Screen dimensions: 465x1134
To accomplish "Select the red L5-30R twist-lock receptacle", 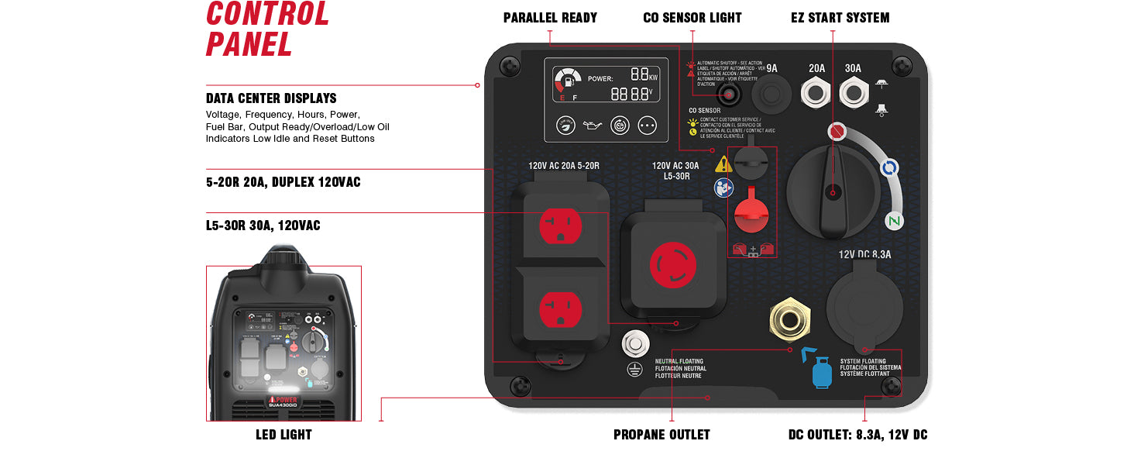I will (x=673, y=265).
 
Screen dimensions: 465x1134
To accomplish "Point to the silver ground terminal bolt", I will (x=636, y=343).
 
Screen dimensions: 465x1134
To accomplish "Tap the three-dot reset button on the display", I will (x=648, y=125).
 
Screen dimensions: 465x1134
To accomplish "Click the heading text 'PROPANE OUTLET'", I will (x=661, y=435).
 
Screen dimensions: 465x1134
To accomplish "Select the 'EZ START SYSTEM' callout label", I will (x=840, y=17).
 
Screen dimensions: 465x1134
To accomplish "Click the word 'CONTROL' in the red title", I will (x=267, y=14).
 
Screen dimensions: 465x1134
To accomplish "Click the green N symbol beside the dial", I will (x=895, y=222).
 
